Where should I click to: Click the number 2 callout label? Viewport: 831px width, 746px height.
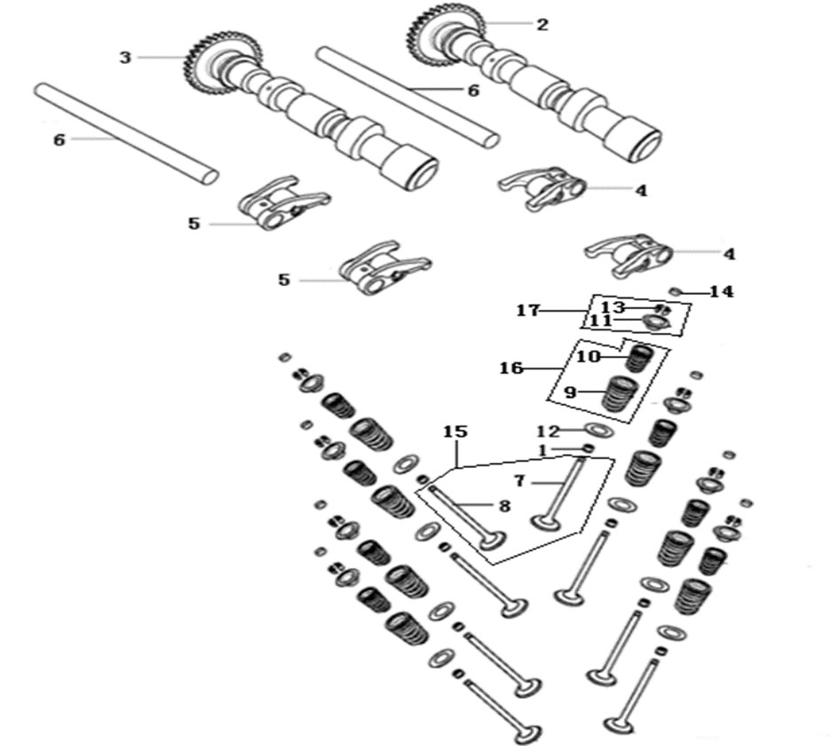[x=541, y=24]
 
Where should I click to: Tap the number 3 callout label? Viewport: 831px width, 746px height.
[x=125, y=57]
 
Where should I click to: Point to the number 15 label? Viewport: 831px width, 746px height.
[x=455, y=432]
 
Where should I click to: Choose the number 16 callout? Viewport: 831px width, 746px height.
[x=511, y=368]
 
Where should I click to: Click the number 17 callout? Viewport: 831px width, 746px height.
[x=528, y=310]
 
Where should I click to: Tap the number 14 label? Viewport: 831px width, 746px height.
[x=721, y=291]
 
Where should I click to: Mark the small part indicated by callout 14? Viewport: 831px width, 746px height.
[x=675, y=290]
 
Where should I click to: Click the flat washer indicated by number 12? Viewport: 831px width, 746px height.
[x=599, y=429]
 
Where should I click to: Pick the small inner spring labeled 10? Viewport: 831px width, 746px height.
[x=641, y=359]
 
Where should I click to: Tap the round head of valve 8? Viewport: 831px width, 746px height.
[x=493, y=542]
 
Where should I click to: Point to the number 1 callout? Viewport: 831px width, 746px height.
[x=542, y=450]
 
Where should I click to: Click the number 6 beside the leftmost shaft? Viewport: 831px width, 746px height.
[x=59, y=140]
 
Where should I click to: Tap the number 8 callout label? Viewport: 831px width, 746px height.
[x=504, y=506]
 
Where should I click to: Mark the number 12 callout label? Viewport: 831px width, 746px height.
[x=548, y=432]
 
